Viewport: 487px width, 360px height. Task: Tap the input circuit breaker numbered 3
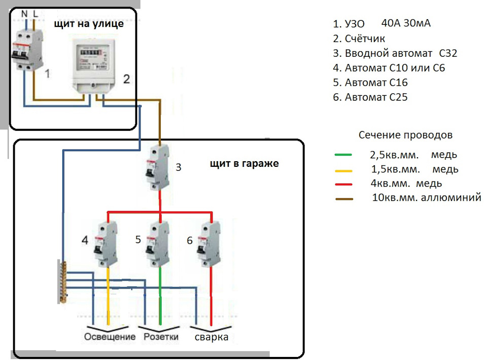pos(159,167)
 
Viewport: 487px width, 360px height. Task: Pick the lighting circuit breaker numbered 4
pos(107,245)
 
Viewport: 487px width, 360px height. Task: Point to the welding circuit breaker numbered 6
pos(211,245)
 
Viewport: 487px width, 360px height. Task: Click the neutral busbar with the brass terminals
pos(62,282)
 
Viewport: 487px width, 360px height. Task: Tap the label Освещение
pos(110,337)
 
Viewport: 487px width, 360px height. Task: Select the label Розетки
pos(161,337)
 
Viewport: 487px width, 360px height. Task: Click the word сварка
pos(211,337)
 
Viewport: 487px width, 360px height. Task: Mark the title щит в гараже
pos(244,164)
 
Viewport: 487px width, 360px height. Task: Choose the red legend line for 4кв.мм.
pos(344,184)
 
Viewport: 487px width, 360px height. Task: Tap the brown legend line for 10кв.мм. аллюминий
pos(344,199)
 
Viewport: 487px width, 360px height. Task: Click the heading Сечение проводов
pos(405,135)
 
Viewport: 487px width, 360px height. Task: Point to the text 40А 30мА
pos(405,23)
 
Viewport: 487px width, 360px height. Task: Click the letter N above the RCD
pos(24,13)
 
